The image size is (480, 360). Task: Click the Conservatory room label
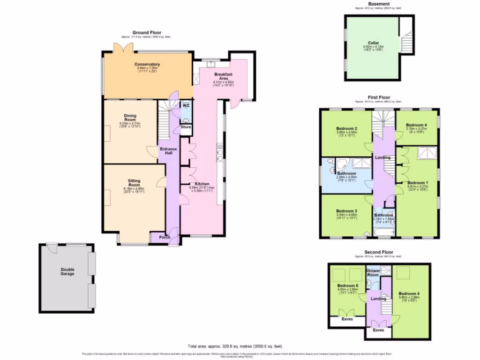point(147,64)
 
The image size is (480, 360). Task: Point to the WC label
point(186,105)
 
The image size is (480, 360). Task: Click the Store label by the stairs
point(186,127)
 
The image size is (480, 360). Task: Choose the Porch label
point(164,237)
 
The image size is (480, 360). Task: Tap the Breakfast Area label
point(224,77)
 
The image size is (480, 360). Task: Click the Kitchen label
point(202,184)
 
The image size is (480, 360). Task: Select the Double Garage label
point(67,271)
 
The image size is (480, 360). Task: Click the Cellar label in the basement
point(373,43)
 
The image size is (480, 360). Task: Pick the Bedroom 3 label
point(347,211)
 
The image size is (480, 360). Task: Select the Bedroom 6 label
point(347,285)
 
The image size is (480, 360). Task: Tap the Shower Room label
point(373,273)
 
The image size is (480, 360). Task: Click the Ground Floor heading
point(147,32)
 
